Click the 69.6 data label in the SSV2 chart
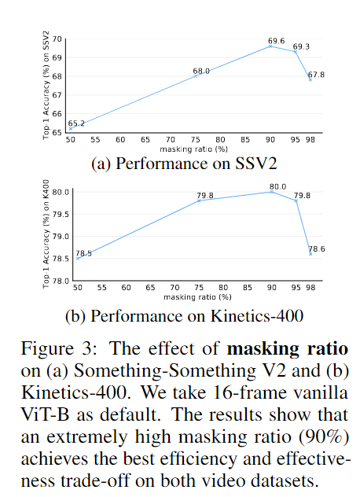point(277,41)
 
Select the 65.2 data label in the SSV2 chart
point(76,123)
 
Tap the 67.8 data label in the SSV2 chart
point(316,75)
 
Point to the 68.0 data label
point(201,71)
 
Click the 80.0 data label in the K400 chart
point(278,186)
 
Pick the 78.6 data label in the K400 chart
point(317,248)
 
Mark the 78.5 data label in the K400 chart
point(83,253)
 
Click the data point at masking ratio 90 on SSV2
point(270,46)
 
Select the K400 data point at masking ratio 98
point(310,254)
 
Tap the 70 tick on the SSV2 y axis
point(57,39)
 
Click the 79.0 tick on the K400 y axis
point(61,237)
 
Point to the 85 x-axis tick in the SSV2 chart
point(245,139)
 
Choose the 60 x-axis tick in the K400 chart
point(126,288)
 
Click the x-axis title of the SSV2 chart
point(193,149)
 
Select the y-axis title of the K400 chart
point(46,234)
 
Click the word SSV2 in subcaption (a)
point(256,164)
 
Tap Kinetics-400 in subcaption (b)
point(257,316)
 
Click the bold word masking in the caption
point(263,349)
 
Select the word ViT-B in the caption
point(45,414)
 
